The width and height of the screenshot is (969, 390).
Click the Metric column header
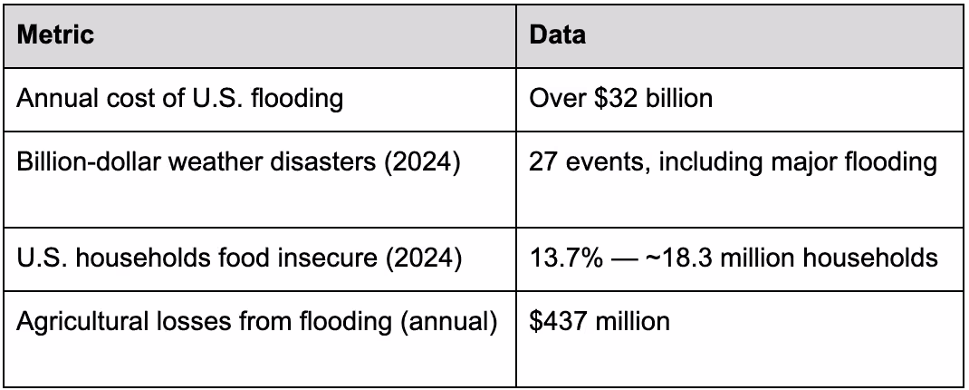pos(56,35)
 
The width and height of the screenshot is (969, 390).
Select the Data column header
pos(557,35)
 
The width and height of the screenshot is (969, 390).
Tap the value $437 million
pos(600,321)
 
